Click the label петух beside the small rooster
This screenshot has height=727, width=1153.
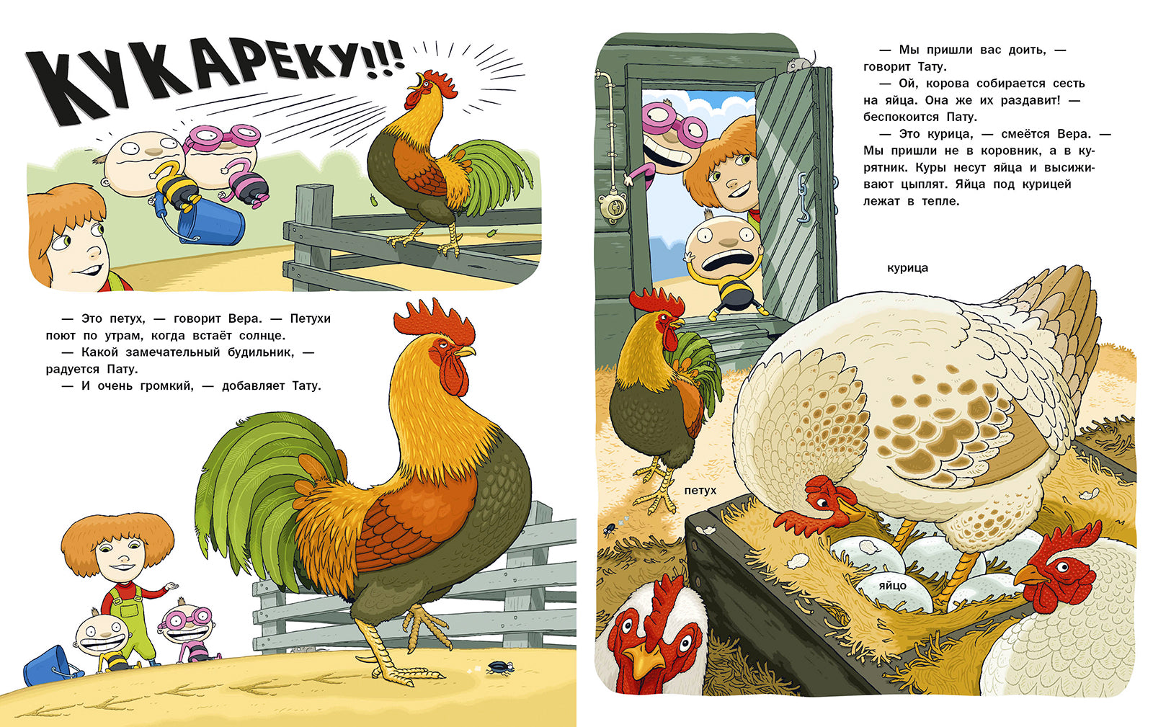click(x=700, y=491)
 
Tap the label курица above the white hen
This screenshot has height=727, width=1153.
click(x=907, y=268)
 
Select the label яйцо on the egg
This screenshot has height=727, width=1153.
click(x=893, y=586)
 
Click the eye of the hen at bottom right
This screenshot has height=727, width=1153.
click(x=1062, y=568)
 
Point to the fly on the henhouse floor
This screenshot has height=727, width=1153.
click(x=610, y=528)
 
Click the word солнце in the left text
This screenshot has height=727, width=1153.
click(x=266, y=336)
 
